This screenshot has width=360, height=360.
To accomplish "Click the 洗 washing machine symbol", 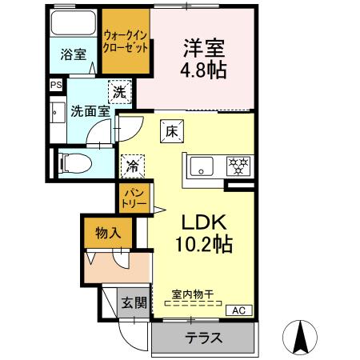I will click(x=118, y=93).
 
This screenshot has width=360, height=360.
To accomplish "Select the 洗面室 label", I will click(x=90, y=111).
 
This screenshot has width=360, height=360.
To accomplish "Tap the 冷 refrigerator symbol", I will click(x=131, y=167).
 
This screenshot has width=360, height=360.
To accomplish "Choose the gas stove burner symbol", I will click(x=237, y=166).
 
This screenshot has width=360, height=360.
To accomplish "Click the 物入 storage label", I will click(x=108, y=234).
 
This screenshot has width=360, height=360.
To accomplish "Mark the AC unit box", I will click(x=238, y=310).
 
